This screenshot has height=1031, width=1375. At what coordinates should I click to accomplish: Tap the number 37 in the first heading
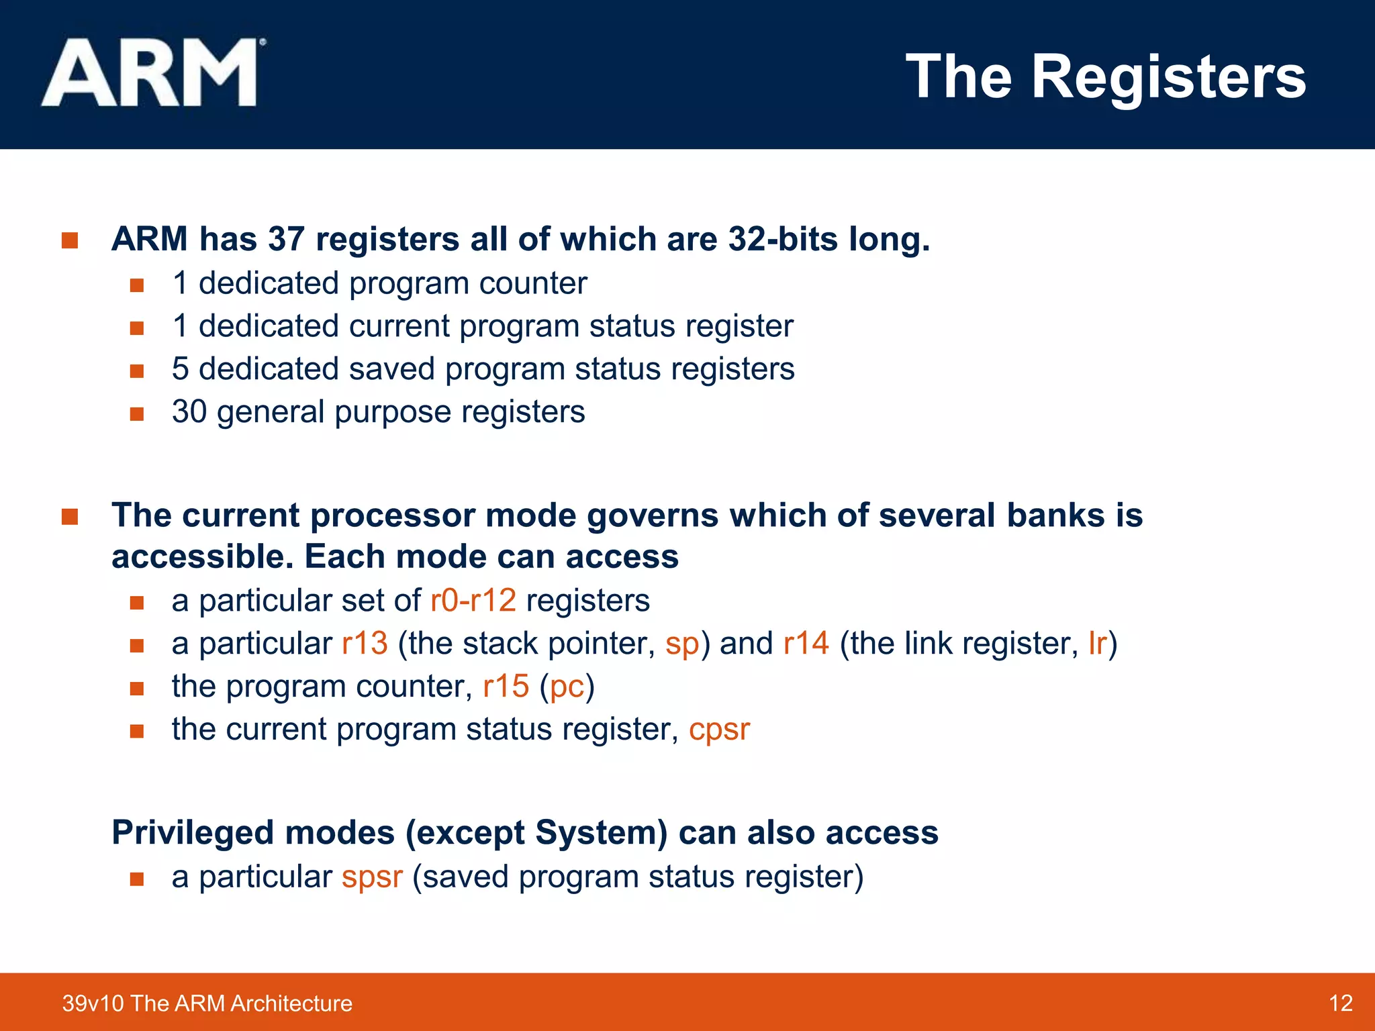point(286,239)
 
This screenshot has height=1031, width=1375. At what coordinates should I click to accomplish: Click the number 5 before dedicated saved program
point(180,369)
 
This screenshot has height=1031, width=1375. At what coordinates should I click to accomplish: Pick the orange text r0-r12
point(473,600)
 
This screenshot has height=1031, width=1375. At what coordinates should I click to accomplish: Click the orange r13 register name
point(365,643)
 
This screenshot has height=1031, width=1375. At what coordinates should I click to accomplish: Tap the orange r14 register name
point(806,643)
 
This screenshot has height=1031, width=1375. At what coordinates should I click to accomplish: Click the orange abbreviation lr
point(1097,643)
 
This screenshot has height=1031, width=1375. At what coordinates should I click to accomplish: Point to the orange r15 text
point(506,686)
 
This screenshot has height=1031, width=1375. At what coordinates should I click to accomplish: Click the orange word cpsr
point(719,730)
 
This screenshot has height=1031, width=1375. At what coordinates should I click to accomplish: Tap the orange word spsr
point(372,877)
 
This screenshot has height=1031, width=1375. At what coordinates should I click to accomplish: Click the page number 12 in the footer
point(1340,1003)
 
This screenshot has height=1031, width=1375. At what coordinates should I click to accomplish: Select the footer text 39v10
point(93,1003)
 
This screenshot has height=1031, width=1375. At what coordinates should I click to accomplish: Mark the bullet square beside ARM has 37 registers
point(70,240)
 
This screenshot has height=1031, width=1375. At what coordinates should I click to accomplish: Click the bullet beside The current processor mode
point(70,517)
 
